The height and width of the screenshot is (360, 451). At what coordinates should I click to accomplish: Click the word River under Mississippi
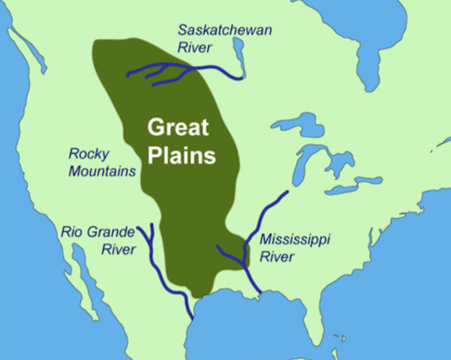276,257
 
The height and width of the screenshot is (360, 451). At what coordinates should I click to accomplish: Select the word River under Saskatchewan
194,47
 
